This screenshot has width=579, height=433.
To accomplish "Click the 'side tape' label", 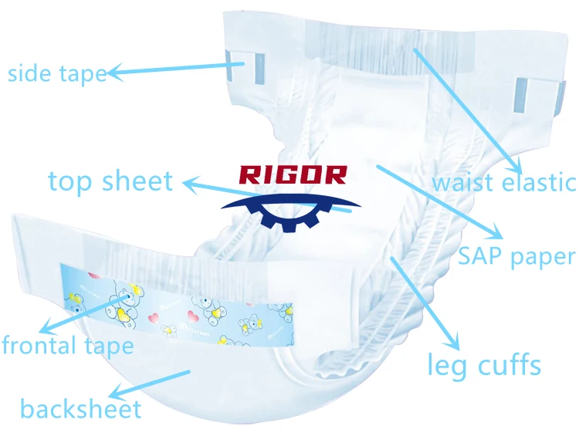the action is [56, 73].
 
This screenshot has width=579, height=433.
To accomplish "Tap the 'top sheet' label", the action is [110, 181].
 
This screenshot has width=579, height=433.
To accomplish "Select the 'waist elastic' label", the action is [503, 183].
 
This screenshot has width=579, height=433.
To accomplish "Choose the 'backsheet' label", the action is [81, 408].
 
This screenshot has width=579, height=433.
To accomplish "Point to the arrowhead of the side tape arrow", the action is [113, 73].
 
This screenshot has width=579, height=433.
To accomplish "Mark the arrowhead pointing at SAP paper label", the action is [493, 234].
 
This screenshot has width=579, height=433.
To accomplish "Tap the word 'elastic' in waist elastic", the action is [538, 183].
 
